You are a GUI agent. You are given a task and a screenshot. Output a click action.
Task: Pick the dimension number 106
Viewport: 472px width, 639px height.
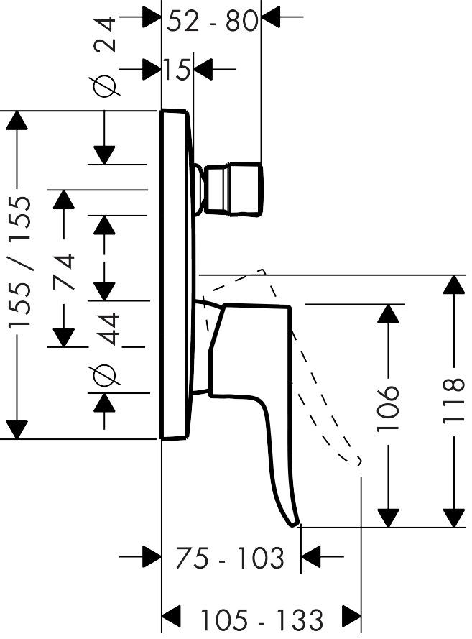click(x=388, y=408)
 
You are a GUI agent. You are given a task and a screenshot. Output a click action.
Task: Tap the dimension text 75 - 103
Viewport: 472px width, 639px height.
click(x=231, y=557)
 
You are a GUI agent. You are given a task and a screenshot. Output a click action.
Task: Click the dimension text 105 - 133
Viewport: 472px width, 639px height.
click(x=261, y=618)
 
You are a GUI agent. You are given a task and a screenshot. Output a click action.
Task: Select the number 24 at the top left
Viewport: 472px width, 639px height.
click(x=105, y=34)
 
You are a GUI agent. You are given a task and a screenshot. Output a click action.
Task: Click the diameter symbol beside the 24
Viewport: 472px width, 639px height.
click(x=105, y=86)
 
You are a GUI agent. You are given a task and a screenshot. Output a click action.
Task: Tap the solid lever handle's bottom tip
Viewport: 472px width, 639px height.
click(x=293, y=523)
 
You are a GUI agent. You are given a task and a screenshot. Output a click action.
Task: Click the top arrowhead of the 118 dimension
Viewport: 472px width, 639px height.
click(x=453, y=284)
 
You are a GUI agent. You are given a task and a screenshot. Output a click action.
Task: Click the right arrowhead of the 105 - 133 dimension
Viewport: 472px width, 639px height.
click(x=351, y=616)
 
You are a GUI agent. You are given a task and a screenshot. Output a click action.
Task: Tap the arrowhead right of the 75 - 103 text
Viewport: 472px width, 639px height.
click(x=311, y=556)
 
